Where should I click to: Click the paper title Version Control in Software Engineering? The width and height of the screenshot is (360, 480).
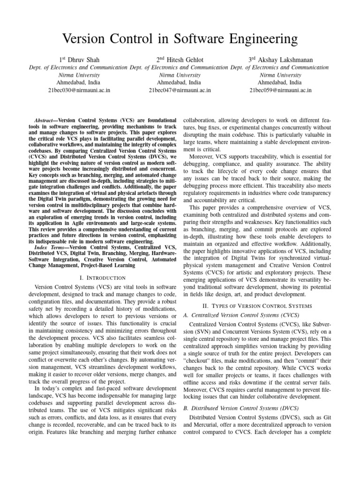click(180, 38)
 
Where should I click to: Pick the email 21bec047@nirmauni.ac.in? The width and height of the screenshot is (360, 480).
click(180, 90)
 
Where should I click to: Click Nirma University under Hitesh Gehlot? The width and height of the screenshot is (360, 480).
click(180, 75)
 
